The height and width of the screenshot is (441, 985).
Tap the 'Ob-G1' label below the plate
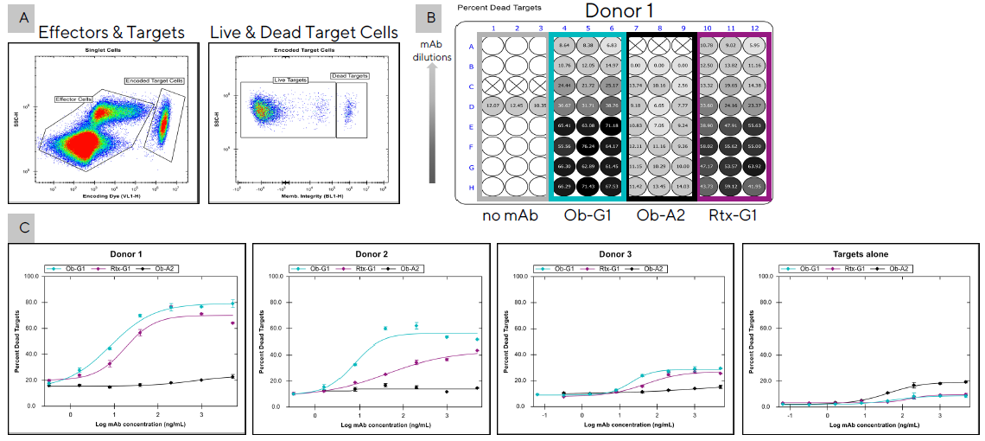588,214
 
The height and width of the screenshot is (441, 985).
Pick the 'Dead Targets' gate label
350,75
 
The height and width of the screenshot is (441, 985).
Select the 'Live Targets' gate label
290,80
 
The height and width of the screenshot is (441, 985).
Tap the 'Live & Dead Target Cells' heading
304,32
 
